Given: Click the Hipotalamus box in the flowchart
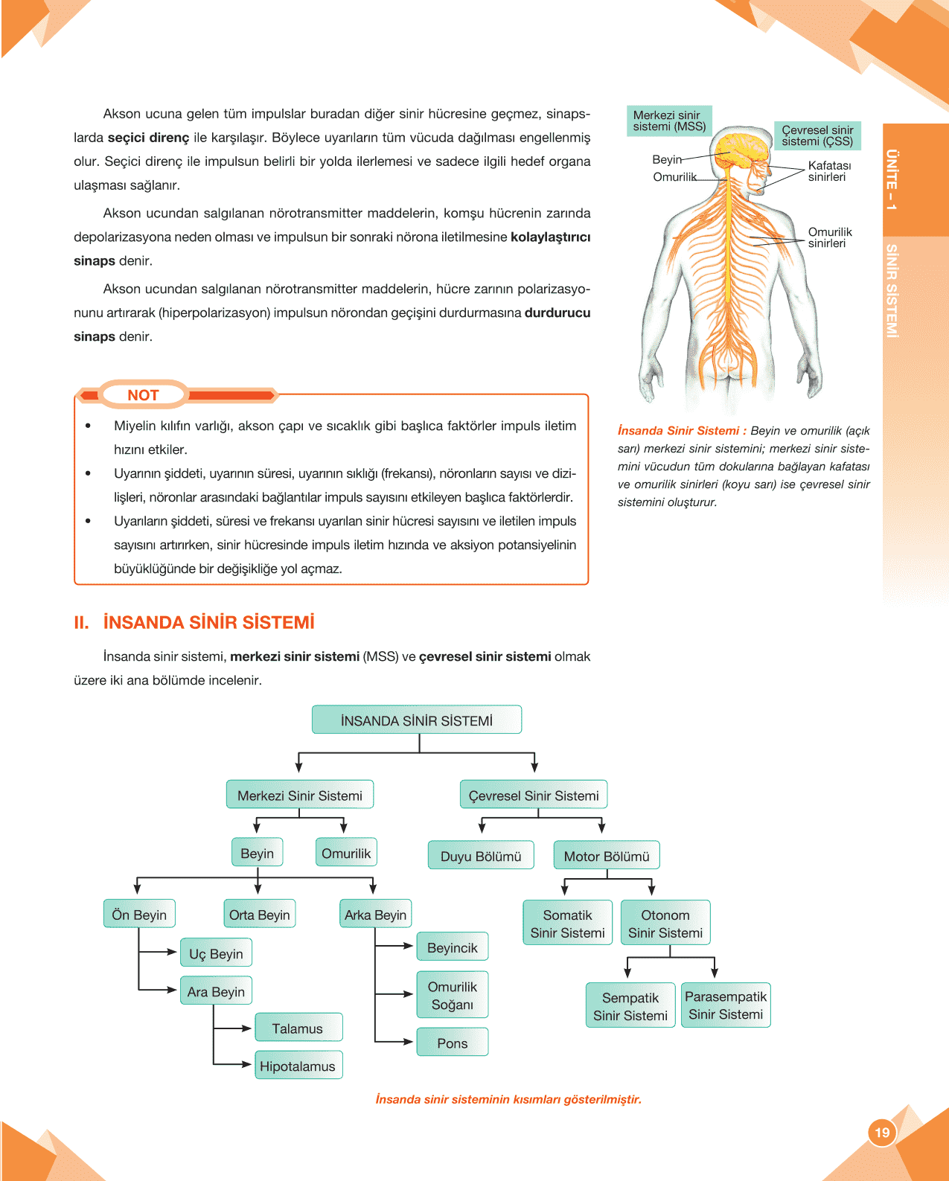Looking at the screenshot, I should [298, 1066].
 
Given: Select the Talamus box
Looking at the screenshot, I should [298, 1028].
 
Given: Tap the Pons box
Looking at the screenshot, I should [453, 1043].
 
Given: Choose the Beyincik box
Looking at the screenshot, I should [453, 947].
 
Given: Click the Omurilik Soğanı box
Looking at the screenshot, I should [453, 995].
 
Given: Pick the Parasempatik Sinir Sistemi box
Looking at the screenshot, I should [726, 1005].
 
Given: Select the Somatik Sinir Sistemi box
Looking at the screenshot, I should [567, 924].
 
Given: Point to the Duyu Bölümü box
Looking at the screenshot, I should [481, 856].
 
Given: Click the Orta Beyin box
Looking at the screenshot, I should [259, 915].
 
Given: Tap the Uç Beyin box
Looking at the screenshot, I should [216, 953].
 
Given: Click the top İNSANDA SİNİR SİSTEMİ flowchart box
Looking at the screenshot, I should [417, 720].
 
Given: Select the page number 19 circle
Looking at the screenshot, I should [882, 1133].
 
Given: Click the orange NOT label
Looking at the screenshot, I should [143, 395].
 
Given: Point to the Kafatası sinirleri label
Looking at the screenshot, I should [829, 171].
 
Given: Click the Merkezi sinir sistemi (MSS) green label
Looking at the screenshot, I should [669, 121].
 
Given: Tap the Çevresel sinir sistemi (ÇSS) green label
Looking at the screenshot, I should [817, 135].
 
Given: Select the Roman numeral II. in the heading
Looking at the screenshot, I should [81, 622].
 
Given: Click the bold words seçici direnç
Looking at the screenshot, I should [149, 138].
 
